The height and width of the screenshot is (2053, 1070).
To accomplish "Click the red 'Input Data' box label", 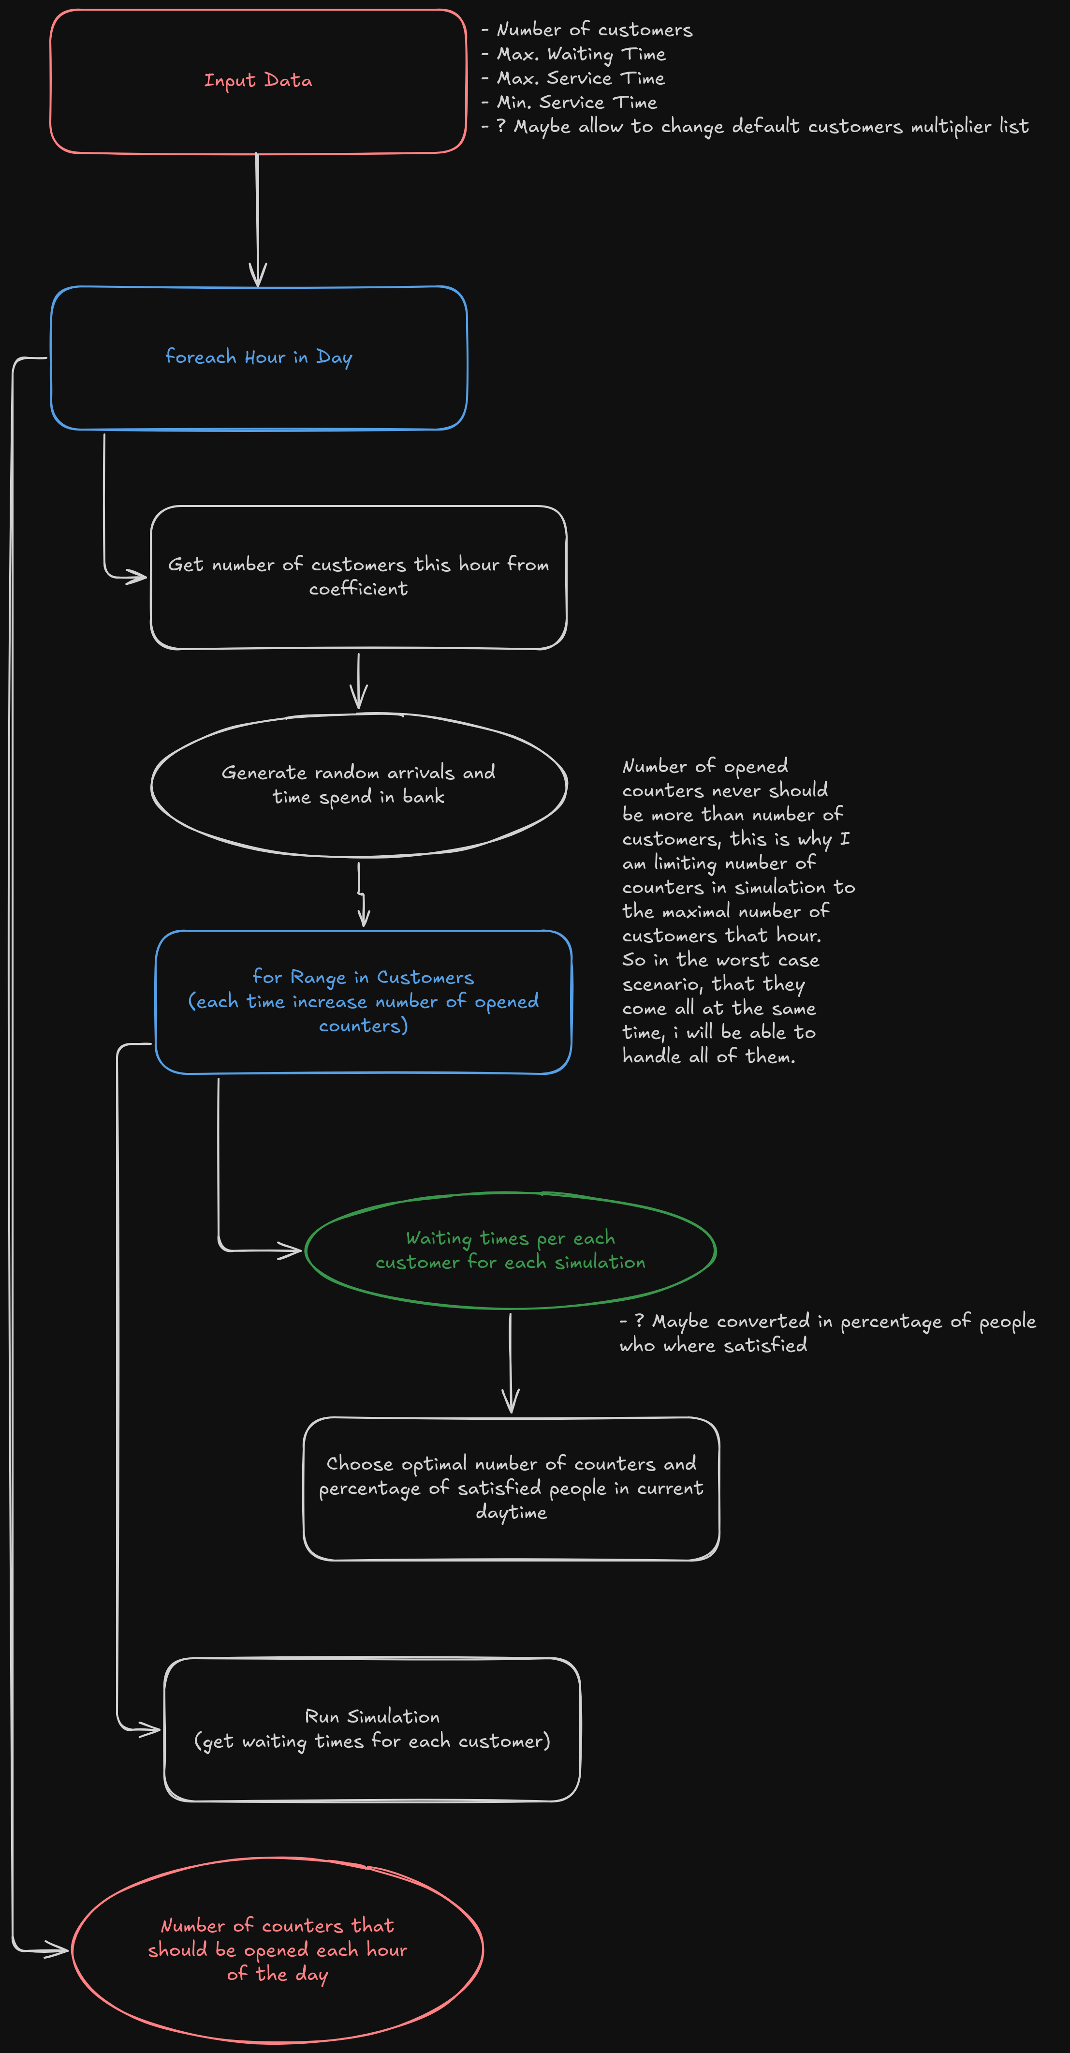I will tap(257, 80).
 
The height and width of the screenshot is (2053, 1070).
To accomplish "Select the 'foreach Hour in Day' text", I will tap(258, 357).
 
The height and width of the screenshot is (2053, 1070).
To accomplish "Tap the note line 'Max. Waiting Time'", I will tap(581, 54).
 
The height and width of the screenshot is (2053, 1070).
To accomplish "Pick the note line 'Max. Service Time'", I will tap(581, 78).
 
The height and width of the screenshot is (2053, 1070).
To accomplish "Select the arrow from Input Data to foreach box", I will tap(257, 219).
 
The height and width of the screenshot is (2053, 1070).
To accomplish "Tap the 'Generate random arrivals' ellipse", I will tap(359, 785).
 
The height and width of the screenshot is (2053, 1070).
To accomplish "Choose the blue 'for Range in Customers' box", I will tap(363, 1002).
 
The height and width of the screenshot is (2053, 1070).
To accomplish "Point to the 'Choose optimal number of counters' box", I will tap(511, 1488).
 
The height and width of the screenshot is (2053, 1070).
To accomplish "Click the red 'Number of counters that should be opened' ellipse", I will tap(277, 1950).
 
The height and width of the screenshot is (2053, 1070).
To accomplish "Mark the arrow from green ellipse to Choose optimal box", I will tap(511, 1363).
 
